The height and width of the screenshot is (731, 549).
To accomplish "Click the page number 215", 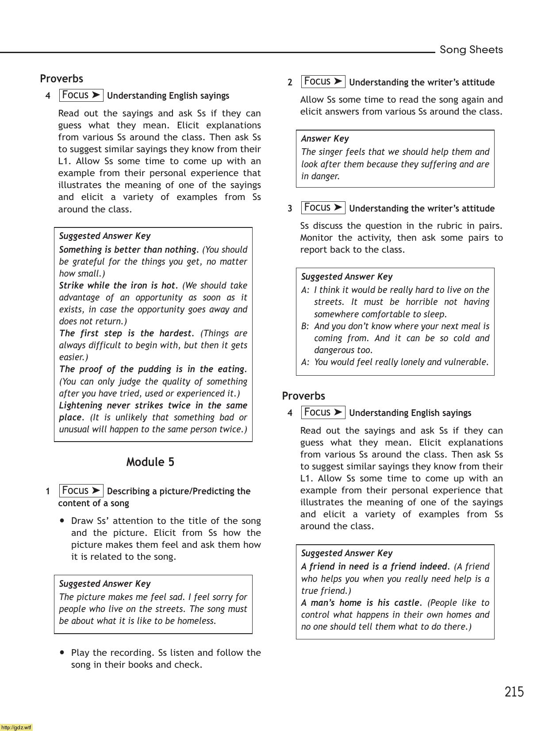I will click(x=514, y=692).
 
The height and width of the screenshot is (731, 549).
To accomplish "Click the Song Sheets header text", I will click(x=471, y=50).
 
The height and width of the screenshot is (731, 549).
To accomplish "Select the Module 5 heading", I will click(x=150, y=462).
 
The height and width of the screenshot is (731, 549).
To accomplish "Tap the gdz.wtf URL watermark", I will click(x=16, y=727).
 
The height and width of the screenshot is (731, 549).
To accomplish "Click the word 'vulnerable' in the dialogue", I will click(x=467, y=362).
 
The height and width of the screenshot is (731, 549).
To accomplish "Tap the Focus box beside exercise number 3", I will click(x=323, y=208).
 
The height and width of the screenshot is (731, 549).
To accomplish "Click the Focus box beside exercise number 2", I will click(x=323, y=81).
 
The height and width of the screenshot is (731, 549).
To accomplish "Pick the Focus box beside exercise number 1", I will click(x=81, y=491).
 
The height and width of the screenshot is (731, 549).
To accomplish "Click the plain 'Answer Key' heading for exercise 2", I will click(x=325, y=139).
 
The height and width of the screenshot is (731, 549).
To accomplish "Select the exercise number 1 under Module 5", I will click(x=48, y=491).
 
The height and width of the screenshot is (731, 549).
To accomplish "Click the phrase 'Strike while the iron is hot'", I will click(x=117, y=285).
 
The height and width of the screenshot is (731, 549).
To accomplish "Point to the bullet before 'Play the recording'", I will click(x=62, y=652).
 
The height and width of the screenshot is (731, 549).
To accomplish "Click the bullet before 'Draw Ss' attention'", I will click(x=62, y=520).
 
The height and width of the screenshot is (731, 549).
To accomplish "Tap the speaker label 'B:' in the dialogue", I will click(x=305, y=326).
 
